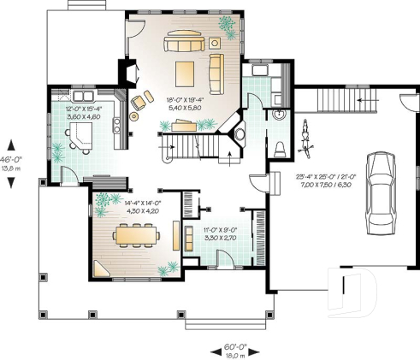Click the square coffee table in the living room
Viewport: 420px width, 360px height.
(186, 73)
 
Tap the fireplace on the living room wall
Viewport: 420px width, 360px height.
(127, 74)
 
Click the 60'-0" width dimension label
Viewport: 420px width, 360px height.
(229, 349)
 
